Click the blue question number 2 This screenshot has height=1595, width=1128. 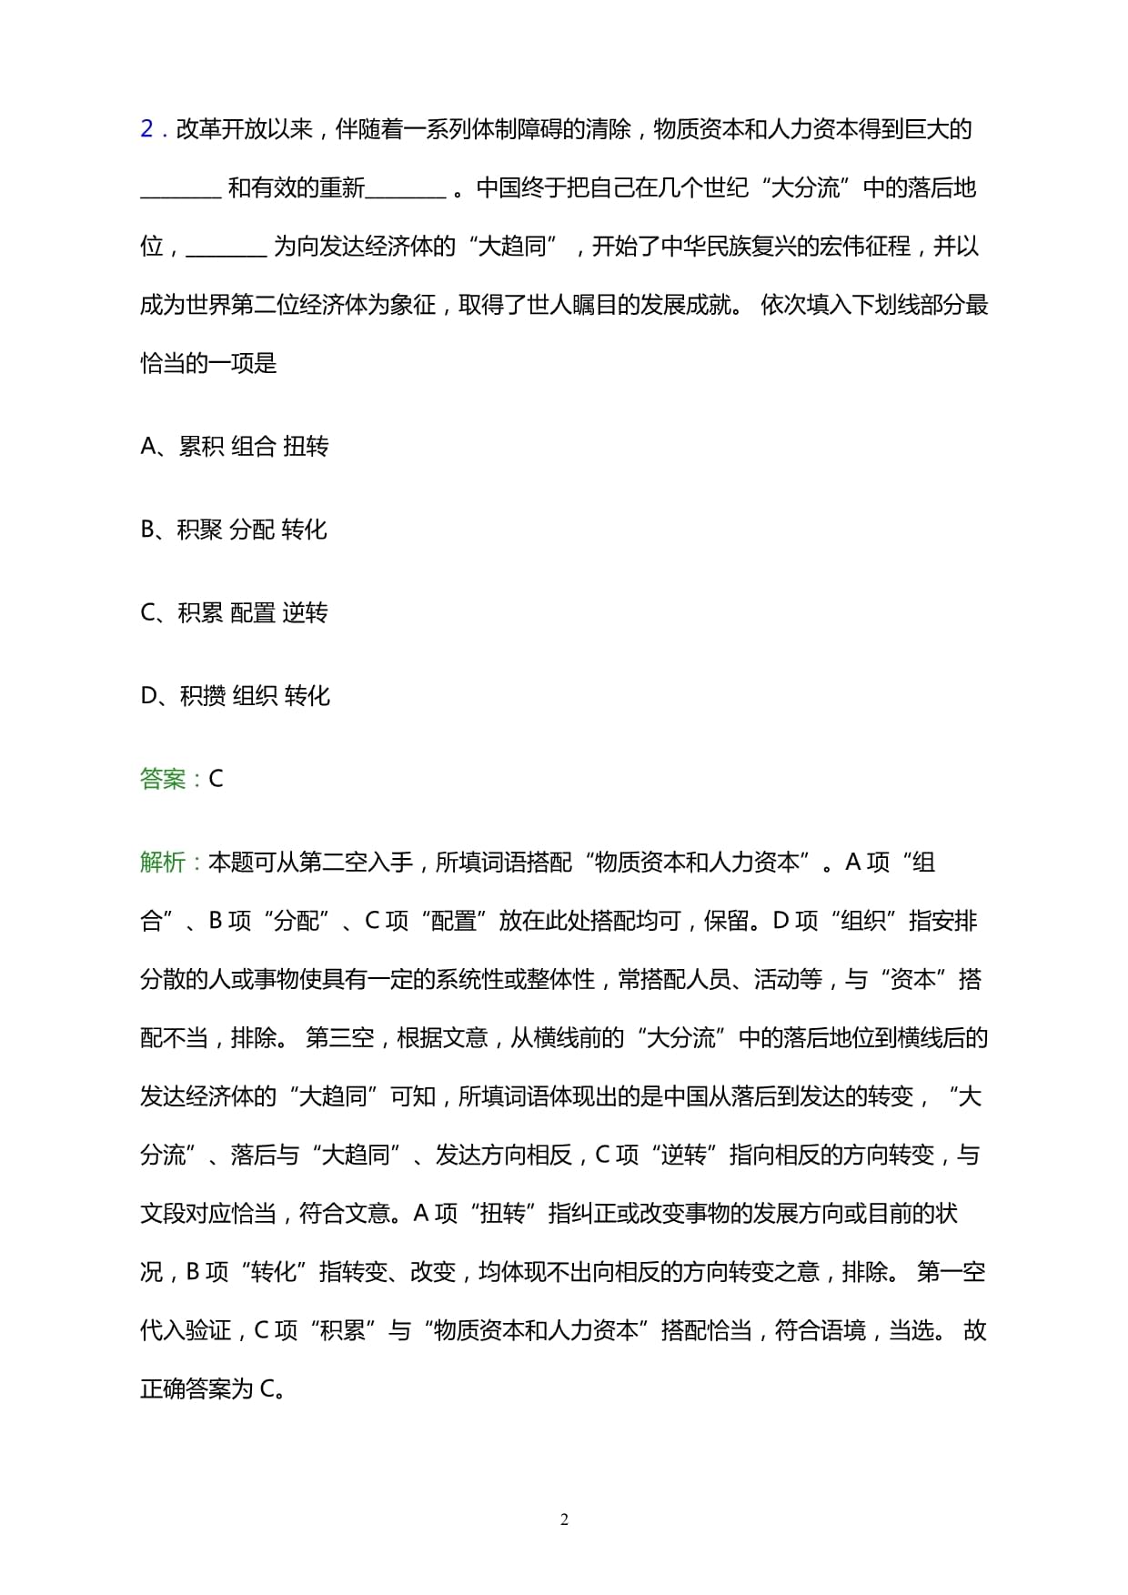[x=146, y=129]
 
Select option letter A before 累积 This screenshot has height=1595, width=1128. [x=149, y=446]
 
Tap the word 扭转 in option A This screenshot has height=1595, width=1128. [x=306, y=446]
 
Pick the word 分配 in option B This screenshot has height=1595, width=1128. [x=252, y=530]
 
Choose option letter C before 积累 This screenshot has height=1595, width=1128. [x=149, y=613]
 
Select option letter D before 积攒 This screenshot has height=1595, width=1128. [x=149, y=696]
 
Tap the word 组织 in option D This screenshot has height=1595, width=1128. [x=256, y=696]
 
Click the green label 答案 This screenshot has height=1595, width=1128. [x=163, y=779]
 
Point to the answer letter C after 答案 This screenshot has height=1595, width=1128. [x=216, y=779]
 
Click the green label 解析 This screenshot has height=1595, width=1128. [x=163, y=862]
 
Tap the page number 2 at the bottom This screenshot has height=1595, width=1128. [x=564, y=1519]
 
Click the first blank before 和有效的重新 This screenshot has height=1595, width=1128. [x=181, y=189]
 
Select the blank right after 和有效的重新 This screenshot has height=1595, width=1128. [x=406, y=189]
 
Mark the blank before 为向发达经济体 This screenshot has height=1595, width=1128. [x=226, y=247]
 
